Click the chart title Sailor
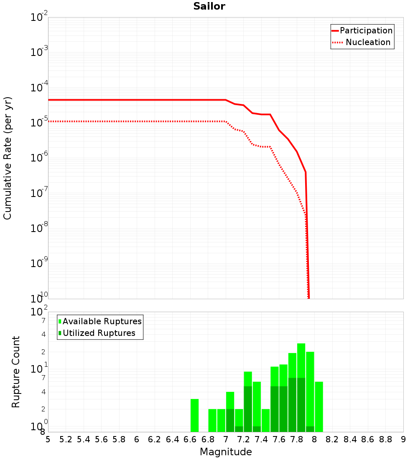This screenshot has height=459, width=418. tap(209, 6)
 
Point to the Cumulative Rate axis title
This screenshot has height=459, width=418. tap(8, 158)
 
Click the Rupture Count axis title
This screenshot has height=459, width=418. tap(16, 372)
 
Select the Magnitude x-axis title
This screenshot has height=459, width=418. tap(226, 452)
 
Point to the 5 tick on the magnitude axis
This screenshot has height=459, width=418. tap(48, 439)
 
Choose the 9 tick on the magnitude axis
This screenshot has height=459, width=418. tap(403, 439)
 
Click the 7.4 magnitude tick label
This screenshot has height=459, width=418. tap(261, 439)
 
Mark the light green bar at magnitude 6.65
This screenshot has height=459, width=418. tap(194, 415)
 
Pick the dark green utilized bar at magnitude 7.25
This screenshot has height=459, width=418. tap(248, 409)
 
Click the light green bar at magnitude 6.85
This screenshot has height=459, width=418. tap(212, 421)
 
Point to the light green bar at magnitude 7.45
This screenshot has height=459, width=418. tap(265, 421)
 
